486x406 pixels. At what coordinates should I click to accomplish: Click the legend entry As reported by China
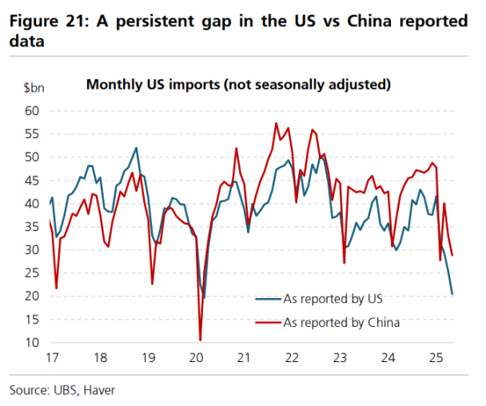pos(341,323)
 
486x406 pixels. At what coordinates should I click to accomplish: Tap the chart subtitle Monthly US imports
pos(238,83)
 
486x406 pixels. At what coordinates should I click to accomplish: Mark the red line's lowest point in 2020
pos(200,340)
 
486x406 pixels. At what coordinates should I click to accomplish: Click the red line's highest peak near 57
pos(276,123)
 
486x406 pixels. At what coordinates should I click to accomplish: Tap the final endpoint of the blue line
pos(452,294)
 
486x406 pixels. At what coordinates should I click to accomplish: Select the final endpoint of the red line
pos(452,256)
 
